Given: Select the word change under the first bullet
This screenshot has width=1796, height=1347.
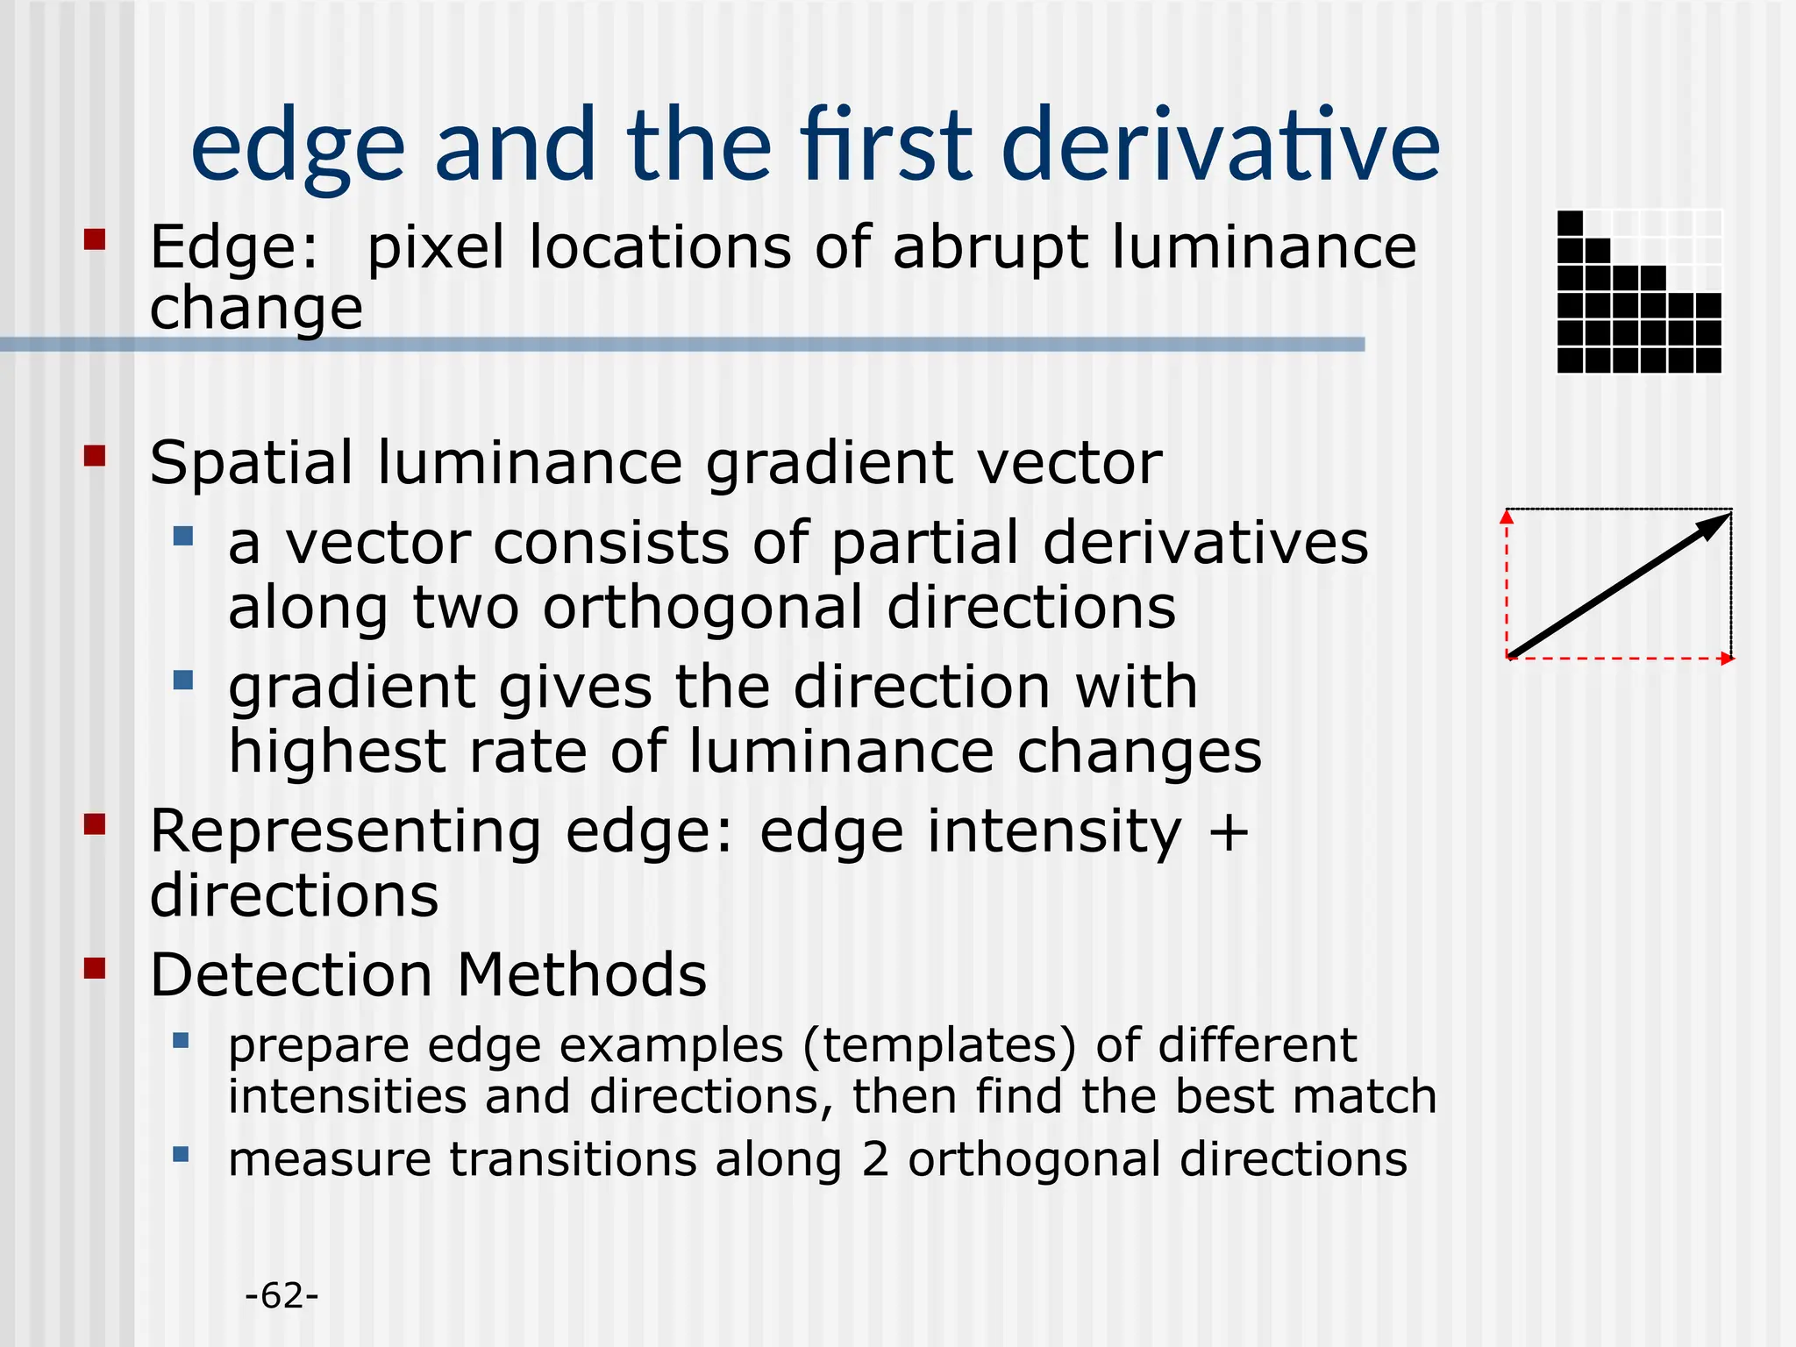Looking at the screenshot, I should [x=256, y=309].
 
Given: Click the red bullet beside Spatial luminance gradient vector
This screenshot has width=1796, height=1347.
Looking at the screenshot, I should [x=95, y=456].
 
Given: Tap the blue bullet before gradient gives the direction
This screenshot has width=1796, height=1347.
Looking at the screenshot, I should [x=182, y=680].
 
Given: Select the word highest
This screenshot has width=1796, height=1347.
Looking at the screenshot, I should [x=338, y=752].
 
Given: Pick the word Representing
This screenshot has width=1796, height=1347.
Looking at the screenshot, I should [x=346, y=831].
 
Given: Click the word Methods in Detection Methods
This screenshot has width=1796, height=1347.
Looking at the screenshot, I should [x=581, y=975].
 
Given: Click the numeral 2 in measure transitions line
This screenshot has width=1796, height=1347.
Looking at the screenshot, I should [x=874, y=1159].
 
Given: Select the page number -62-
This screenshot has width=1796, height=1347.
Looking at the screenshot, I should [x=282, y=1296].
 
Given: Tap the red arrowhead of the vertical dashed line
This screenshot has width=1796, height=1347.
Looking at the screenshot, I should [x=1507, y=517].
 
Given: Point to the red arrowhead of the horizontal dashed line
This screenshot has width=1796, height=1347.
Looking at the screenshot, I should [x=1727, y=659].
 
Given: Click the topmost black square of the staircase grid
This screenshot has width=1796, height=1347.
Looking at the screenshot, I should [x=1571, y=224].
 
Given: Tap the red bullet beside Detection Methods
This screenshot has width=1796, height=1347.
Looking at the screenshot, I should [x=95, y=968].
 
